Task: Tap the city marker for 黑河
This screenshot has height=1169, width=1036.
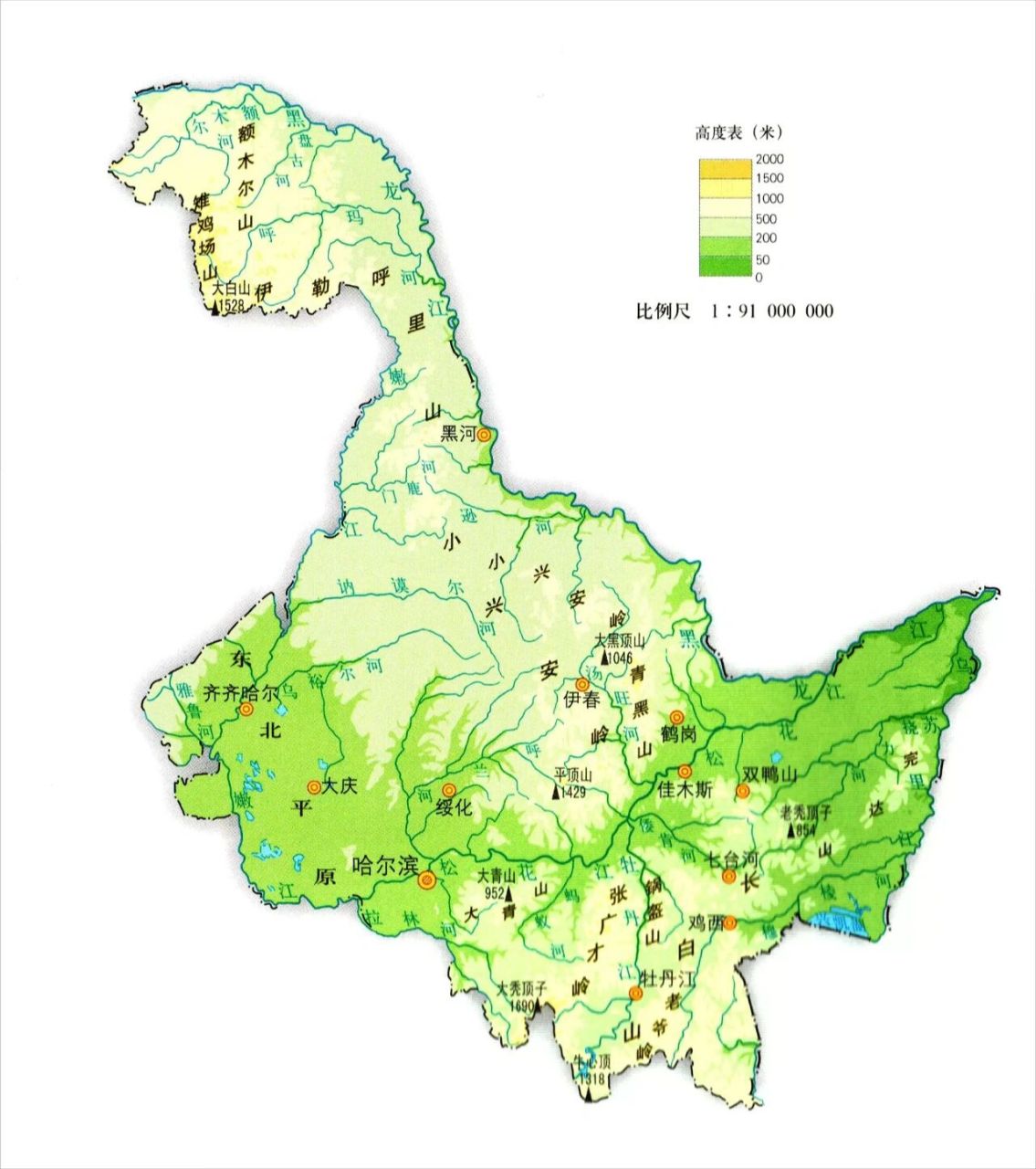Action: [x=484, y=436]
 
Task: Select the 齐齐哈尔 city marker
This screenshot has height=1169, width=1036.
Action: [x=246, y=710]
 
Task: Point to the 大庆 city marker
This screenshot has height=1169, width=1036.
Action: [x=314, y=786]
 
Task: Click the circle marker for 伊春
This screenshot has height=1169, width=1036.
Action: [x=581, y=685]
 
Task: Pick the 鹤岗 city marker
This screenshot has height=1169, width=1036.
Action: [x=675, y=718]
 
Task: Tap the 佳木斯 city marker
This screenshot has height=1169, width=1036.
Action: [x=685, y=771]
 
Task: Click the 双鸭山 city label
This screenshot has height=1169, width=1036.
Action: [x=769, y=774]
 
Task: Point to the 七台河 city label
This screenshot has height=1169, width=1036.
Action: [x=732, y=859]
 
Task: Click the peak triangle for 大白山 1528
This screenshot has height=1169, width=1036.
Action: [x=215, y=309]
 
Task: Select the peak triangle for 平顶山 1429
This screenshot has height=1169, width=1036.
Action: [x=556, y=792]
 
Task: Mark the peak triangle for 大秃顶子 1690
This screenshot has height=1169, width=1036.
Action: [x=538, y=1006]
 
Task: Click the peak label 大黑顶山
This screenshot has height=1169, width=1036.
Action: [x=620, y=640]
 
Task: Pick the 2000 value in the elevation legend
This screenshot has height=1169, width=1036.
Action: [x=769, y=159]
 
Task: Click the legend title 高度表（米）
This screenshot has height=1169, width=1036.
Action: [x=738, y=133]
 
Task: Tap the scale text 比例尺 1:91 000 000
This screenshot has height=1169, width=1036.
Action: [x=734, y=311]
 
